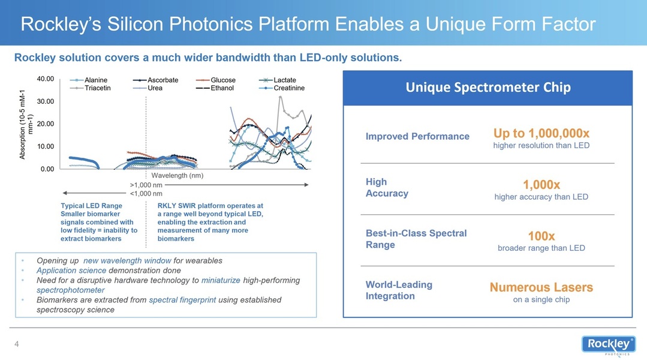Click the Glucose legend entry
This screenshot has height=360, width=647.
tap(216, 80)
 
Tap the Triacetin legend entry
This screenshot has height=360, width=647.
tap(91, 88)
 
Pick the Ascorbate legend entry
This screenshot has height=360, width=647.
tap(155, 80)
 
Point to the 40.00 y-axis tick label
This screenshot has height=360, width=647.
tap(46, 79)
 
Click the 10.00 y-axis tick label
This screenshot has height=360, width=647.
tap(46, 146)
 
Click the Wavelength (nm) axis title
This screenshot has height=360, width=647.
tap(177, 175)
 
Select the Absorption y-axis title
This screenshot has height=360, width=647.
tap(26, 124)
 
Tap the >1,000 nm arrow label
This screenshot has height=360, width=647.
tap(146, 185)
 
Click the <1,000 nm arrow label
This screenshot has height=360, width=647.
tap(146, 194)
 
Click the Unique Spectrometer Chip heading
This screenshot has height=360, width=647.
tap(488, 87)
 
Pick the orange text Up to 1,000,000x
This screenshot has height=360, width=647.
tap(541, 133)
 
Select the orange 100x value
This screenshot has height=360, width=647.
tap(541, 236)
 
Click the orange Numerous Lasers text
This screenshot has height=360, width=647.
tap(541, 287)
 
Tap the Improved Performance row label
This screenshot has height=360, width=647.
tap(417, 136)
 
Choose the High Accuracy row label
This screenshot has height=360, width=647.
tap(387, 187)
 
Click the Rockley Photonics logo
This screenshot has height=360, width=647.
tap(609, 345)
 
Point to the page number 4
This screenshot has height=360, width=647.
tap(17, 344)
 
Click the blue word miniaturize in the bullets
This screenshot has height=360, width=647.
tap(221, 280)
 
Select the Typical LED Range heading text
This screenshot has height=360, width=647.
tap(92, 206)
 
